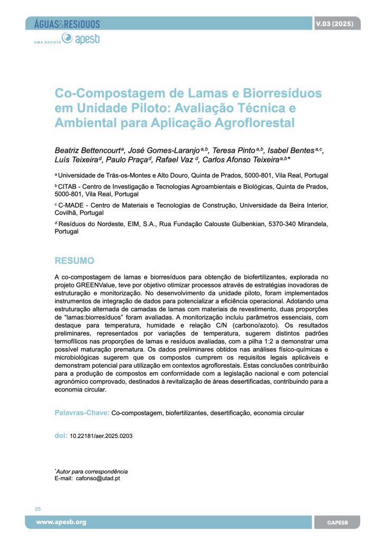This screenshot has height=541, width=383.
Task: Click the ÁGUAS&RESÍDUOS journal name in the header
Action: [67, 24]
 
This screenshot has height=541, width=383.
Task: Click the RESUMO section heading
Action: [75, 260]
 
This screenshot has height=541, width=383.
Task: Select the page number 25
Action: [38, 509]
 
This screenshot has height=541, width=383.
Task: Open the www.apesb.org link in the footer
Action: [61, 522]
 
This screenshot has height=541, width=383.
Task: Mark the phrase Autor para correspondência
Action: [92, 471]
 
